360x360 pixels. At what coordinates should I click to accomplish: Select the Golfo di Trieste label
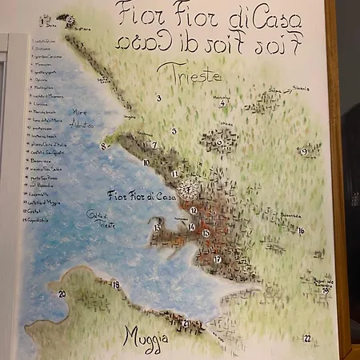(x=101, y=218)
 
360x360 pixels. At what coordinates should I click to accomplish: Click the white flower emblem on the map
(x=188, y=189)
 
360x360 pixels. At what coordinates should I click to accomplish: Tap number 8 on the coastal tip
(x=102, y=146)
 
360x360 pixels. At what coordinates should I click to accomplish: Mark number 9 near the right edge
(x=305, y=150)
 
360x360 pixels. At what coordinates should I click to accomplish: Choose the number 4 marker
(x=222, y=103)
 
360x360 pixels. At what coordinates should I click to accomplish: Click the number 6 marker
(x=219, y=142)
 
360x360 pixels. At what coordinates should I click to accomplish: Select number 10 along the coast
(x=146, y=162)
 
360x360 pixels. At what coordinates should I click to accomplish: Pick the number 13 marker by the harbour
(x=157, y=227)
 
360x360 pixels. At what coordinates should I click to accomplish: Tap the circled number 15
(x=206, y=233)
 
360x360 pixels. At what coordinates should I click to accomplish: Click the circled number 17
(x=217, y=259)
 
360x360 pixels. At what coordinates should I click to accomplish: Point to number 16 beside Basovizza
(x=301, y=230)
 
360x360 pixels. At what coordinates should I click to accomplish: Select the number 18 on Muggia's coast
(x=115, y=285)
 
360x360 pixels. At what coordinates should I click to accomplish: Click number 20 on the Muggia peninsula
(x=62, y=294)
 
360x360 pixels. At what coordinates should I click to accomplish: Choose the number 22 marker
(x=306, y=338)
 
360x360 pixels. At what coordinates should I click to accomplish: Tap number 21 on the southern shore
(x=186, y=323)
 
